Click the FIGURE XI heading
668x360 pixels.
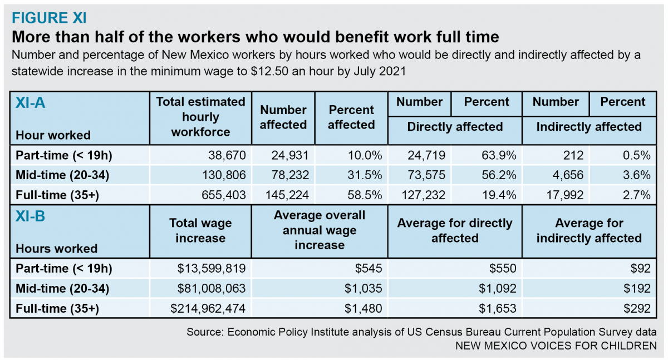coord(49,18)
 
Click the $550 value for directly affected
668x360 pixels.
coord(504,269)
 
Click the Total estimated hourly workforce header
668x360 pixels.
coord(200,117)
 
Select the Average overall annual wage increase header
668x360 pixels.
coord(320,230)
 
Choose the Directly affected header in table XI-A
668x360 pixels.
coord(455,127)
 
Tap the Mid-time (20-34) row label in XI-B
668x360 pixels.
coord(62,288)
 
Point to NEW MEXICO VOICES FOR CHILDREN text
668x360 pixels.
coord(556,346)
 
